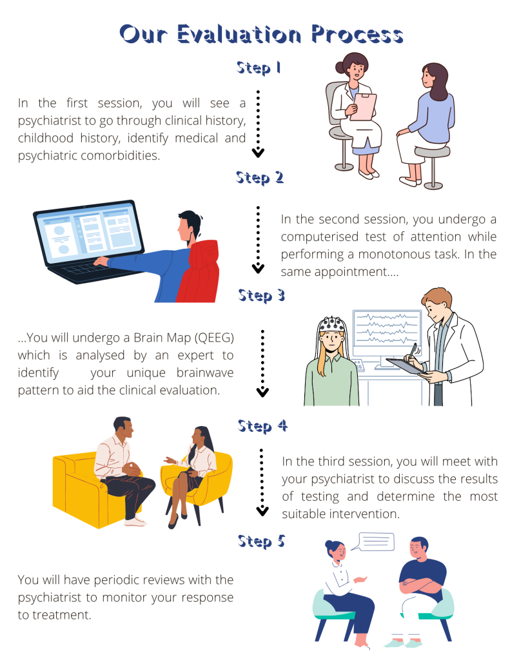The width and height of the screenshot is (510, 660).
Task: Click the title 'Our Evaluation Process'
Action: [261, 34]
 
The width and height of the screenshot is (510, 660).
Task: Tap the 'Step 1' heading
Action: [258, 68]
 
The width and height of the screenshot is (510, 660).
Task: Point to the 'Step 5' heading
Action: [261, 541]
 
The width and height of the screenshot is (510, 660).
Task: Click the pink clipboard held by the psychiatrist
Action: [364, 106]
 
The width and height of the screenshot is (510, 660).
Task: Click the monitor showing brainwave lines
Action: [386, 331]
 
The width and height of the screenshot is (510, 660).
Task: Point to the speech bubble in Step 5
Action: [376, 541]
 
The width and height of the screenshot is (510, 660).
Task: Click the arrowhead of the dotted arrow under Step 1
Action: [258, 153]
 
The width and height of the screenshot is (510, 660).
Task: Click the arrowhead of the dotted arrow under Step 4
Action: [262, 510]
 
